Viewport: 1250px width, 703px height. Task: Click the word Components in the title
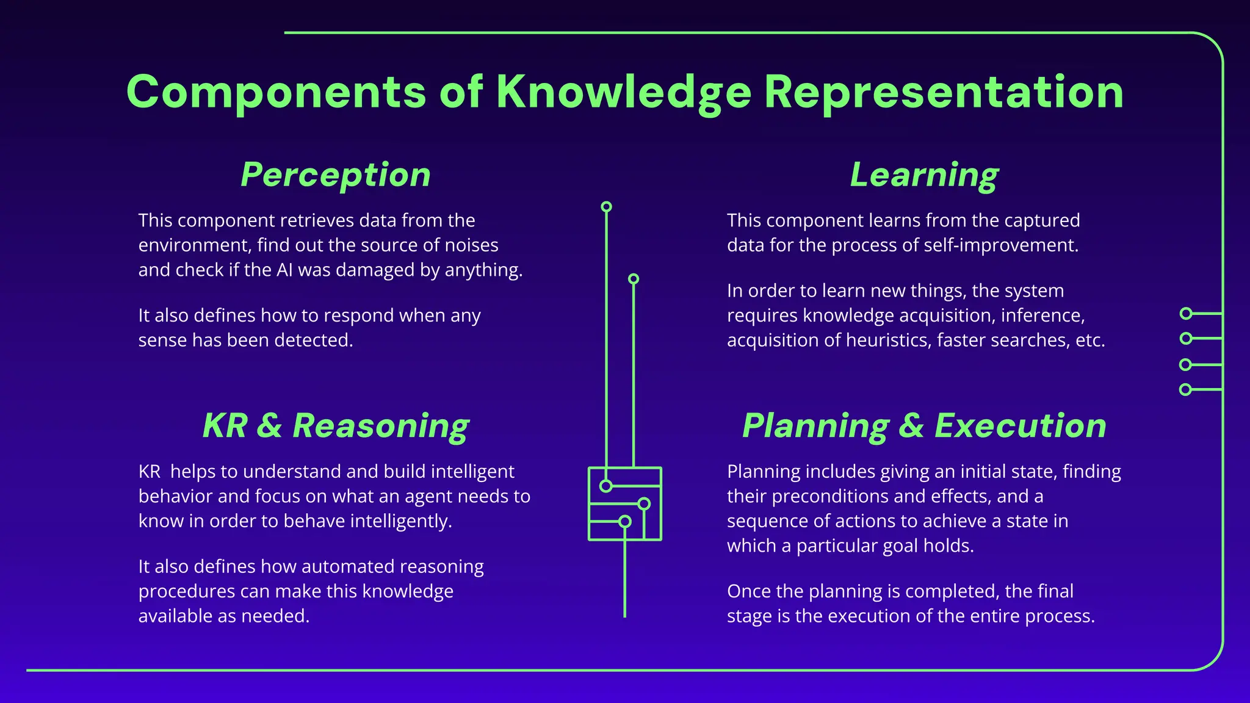point(276,93)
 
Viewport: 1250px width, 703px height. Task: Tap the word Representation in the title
point(944,93)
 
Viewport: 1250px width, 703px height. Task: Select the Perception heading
point(336,175)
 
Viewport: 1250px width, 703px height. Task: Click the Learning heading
point(924,175)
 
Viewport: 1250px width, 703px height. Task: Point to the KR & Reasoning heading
point(336,426)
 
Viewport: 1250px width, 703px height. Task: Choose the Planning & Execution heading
point(924,426)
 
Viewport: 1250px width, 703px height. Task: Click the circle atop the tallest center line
point(606,207)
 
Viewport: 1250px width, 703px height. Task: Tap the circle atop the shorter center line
point(634,279)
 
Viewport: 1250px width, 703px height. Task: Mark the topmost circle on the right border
point(1186,314)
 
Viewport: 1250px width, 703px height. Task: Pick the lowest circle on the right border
point(1185,389)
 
